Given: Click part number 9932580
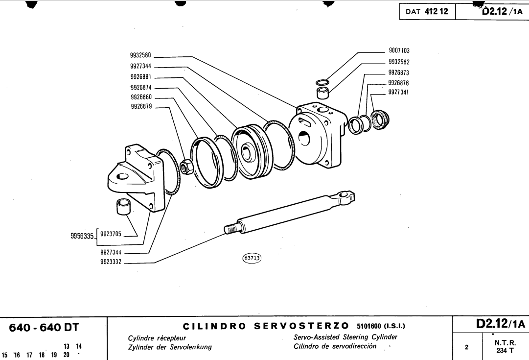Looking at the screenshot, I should (x=140, y=55).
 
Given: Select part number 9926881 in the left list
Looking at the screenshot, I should (x=140, y=77).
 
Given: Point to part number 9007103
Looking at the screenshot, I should (x=399, y=50).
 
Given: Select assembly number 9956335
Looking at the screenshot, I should (x=82, y=236).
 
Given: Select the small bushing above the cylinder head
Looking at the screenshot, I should (x=322, y=92).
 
